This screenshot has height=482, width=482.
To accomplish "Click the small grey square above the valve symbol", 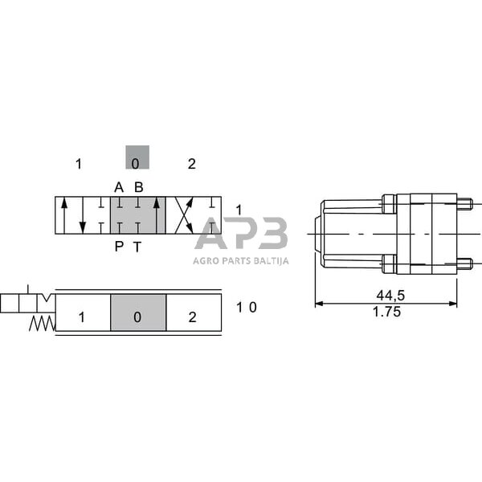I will tap(137, 157).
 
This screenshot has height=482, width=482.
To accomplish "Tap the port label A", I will tap(119, 187).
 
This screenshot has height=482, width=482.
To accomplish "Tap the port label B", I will tap(139, 187).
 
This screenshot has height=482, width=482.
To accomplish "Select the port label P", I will tap(119, 247).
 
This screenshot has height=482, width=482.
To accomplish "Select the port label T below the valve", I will tap(137, 247).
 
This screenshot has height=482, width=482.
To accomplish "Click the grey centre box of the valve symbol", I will tap(137, 216).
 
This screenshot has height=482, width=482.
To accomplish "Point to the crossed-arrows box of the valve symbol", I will tap(193, 216).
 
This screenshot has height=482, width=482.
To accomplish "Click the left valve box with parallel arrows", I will tap(82, 216).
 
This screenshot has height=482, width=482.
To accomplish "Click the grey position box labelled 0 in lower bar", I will tap(137, 317).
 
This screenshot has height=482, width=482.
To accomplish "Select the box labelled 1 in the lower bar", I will tap(82, 317).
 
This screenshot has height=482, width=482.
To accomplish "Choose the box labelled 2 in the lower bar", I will tap(193, 317).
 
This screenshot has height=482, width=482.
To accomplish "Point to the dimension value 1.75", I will tap(387, 312).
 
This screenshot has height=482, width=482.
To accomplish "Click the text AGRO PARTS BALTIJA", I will tap(241, 259).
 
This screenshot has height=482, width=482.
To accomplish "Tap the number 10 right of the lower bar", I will tap(247, 307).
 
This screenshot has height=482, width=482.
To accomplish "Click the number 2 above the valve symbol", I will tap(191, 165).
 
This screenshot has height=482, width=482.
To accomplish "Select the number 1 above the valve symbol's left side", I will tap(79, 165).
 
